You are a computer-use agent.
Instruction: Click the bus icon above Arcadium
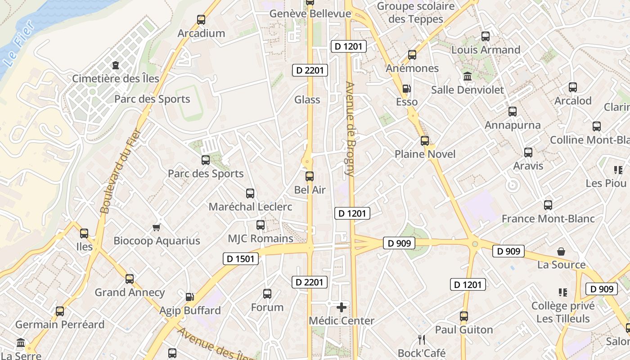coord(201,20)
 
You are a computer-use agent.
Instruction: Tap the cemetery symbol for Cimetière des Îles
coord(116,65)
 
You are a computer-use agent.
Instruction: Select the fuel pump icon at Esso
coord(406,89)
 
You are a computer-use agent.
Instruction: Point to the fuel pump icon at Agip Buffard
coord(190,297)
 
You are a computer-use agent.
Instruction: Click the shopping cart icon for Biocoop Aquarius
coord(156,227)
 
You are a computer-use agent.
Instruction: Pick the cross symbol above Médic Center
coord(342,307)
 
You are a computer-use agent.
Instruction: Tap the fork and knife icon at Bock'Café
coord(422,339)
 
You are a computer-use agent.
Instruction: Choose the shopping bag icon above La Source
coord(561,251)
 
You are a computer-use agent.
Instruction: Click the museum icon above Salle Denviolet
coord(468,76)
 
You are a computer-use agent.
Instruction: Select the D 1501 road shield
coord(241,259)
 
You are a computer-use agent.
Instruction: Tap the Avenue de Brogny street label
coord(350,128)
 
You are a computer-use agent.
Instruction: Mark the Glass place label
coord(307,99)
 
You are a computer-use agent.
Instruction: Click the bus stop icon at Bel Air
coord(310,176)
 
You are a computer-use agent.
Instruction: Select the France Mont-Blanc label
coord(548,219)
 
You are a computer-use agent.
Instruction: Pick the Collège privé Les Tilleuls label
coord(563,312)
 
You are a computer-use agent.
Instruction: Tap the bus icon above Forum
coord(267,294)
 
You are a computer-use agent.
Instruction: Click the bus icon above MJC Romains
coord(261,225)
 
